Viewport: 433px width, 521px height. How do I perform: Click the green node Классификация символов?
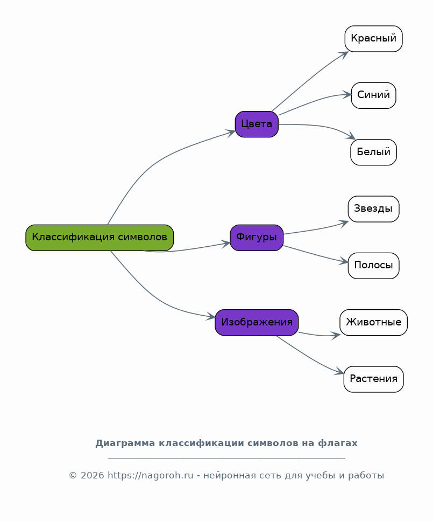(x=100, y=238)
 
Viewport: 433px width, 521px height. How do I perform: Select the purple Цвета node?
(x=257, y=124)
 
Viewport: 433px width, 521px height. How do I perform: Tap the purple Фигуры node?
(x=257, y=238)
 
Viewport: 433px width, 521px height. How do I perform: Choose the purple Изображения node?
(x=257, y=322)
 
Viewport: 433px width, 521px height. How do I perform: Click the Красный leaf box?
(x=374, y=39)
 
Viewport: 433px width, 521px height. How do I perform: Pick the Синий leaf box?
(x=374, y=95)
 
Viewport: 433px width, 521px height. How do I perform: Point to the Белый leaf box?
(x=374, y=152)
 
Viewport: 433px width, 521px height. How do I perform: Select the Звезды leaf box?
(x=374, y=209)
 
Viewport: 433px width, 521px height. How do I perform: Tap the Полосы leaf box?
(x=374, y=266)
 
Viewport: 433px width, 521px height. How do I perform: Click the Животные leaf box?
(x=374, y=322)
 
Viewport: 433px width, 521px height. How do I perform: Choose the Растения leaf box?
(x=374, y=379)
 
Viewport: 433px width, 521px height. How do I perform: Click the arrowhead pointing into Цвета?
(x=231, y=133)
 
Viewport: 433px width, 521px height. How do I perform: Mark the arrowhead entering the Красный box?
(x=344, y=54)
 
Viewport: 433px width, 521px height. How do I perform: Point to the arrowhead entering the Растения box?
(x=339, y=371)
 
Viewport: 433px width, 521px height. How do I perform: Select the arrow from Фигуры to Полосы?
(x=316, y=254)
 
